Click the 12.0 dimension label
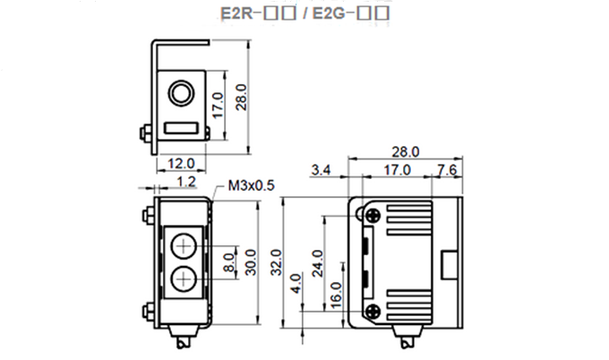click(x=183, y=165)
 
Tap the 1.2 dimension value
click(x=186, y=183)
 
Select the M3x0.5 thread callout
click(x=250, y=185)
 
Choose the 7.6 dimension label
click(x=447, y=169)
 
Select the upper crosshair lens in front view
click(x=184, y=244)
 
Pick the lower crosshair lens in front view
click(x=184, y=279)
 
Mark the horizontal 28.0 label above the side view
click(x=405, y=151)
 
